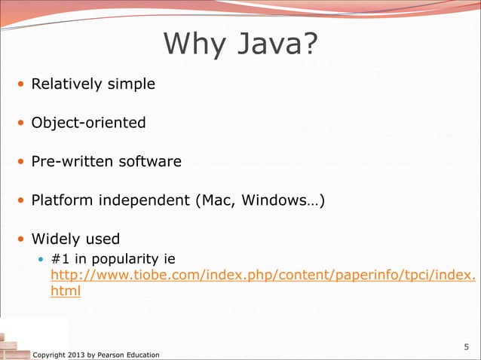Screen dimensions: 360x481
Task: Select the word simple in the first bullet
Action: pos(129,84)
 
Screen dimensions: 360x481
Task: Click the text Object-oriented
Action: pos(88,123)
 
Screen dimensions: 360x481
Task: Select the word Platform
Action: pos(59,201)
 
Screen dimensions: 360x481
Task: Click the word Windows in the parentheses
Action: pos(277,201)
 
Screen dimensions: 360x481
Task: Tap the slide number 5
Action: pos(466,347)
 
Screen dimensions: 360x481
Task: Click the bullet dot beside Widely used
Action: pos(21,240)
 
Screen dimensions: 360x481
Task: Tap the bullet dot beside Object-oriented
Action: pos(21,123)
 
